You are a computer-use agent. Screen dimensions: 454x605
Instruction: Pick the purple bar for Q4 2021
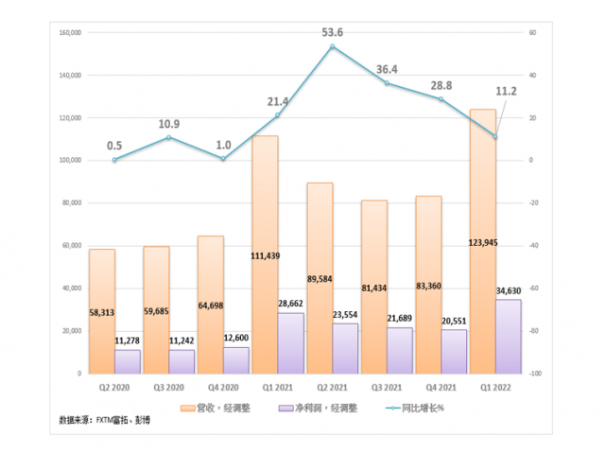pos(454,351)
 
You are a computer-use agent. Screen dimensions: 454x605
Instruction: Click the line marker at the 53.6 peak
pos(332,46)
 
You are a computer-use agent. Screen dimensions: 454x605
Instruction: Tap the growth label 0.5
pos(114,145)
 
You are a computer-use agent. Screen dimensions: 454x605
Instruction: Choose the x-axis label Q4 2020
pos(223,387)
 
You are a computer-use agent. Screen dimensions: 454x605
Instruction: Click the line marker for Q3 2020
pos(168,137)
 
